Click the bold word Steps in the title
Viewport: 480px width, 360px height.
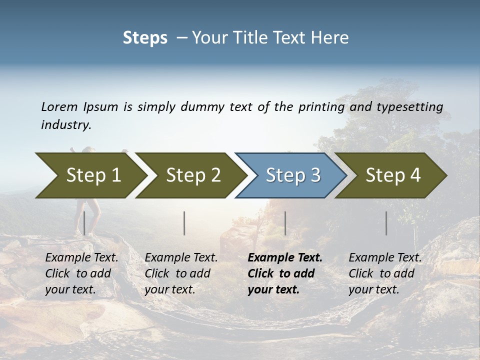tap(145, 38)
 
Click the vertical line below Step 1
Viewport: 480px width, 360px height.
tap(84, 223)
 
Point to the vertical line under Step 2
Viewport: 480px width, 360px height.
tap(184, 223)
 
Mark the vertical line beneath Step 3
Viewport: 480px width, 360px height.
tap(285, 223)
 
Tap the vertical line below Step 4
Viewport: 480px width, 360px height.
tap(386, 223)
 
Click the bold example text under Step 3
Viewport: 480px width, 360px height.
tap(285, 273)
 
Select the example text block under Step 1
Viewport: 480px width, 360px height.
tap(81, 273)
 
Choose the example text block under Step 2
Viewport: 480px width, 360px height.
tap(181, 273)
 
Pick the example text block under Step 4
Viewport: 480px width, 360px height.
tap(385, 273)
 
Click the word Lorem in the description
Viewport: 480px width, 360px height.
tap(59, 106)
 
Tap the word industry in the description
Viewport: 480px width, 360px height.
tap(66, 125)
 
